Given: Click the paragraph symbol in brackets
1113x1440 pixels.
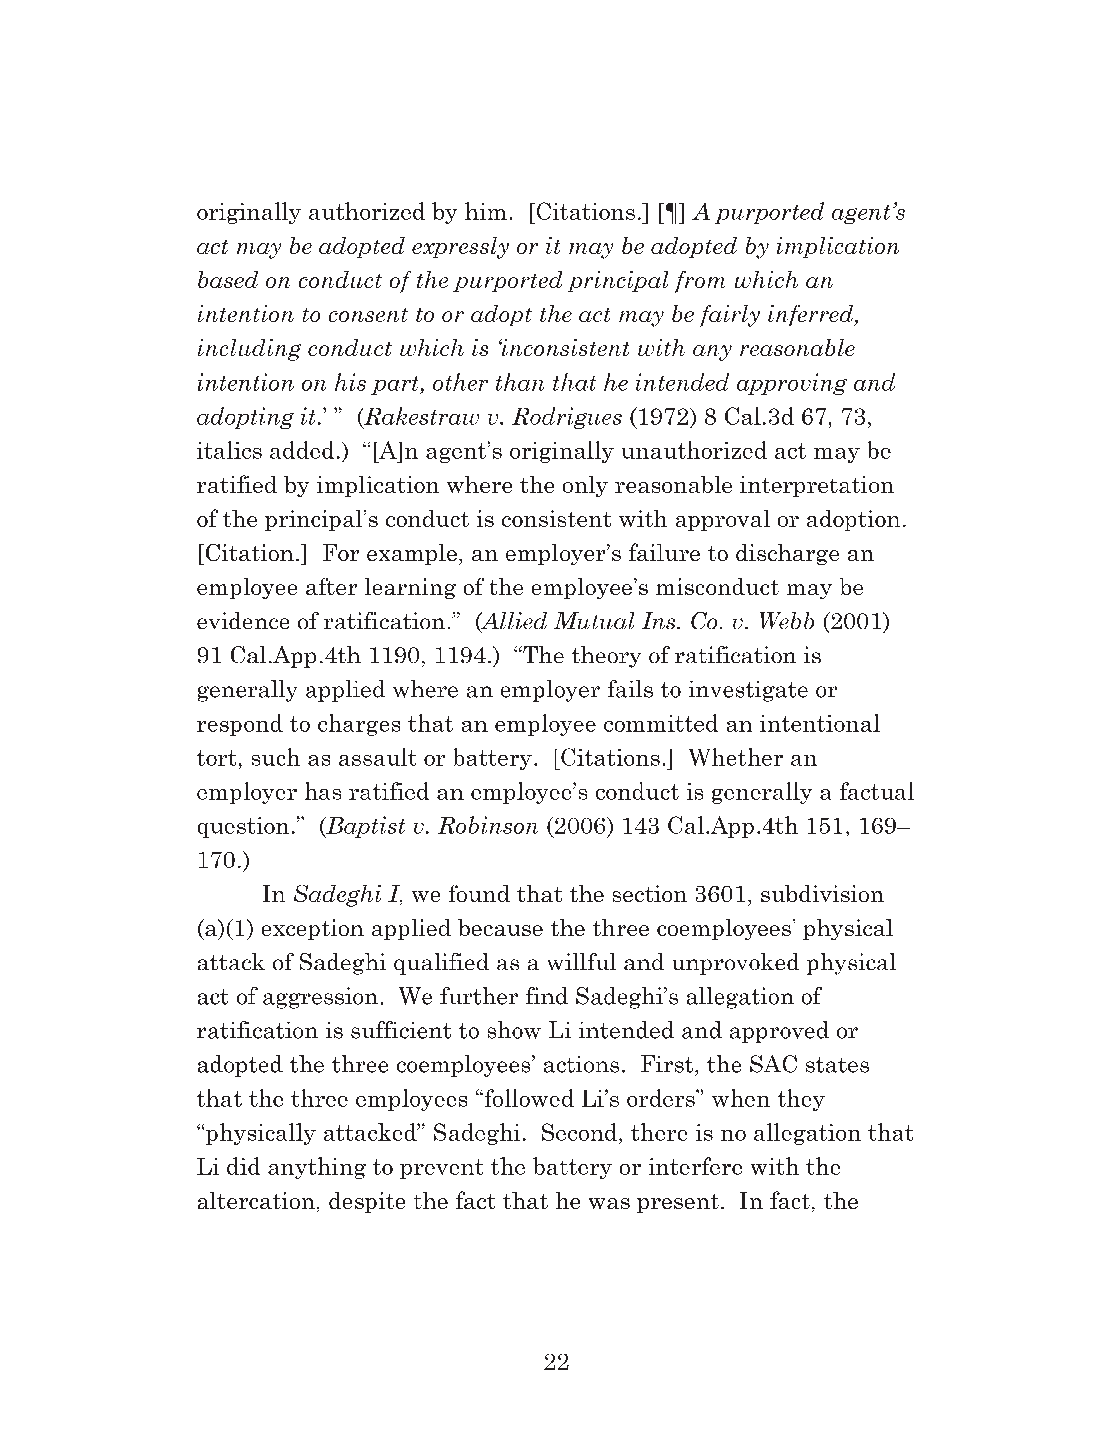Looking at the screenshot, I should [x=672, y=213].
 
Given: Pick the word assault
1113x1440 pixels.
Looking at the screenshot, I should [x=377, y=758].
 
